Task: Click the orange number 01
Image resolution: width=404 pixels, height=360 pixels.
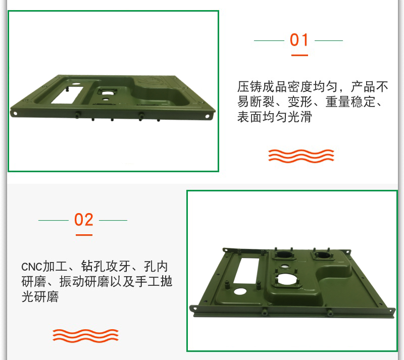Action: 299,40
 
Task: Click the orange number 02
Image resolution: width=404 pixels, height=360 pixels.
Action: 83,220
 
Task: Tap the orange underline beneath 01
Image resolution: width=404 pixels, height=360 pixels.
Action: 299,55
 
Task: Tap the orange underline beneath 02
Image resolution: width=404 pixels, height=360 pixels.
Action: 84,235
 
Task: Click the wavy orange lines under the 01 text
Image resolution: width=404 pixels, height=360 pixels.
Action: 301,156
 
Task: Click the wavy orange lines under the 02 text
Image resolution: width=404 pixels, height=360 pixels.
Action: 85,336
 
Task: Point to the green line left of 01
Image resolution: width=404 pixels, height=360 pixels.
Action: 269,40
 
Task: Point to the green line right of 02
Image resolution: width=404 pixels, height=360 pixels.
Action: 113,220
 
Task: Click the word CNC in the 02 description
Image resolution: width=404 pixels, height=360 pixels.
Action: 31,267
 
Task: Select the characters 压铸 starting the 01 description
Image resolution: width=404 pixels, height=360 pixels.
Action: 249,86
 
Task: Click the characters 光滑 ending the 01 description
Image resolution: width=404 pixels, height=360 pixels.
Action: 299,117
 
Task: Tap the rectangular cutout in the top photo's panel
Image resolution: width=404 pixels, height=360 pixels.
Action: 67,95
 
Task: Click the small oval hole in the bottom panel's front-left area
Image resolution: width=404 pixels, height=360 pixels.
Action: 240,292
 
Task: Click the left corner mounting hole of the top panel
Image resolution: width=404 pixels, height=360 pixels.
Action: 15,113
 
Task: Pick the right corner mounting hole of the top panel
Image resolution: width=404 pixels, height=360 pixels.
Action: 208,116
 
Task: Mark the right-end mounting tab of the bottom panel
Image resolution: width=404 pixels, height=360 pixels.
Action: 391,312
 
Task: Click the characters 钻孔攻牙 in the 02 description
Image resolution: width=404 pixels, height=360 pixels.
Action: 106,267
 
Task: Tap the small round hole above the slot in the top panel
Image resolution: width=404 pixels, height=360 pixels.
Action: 76,84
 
